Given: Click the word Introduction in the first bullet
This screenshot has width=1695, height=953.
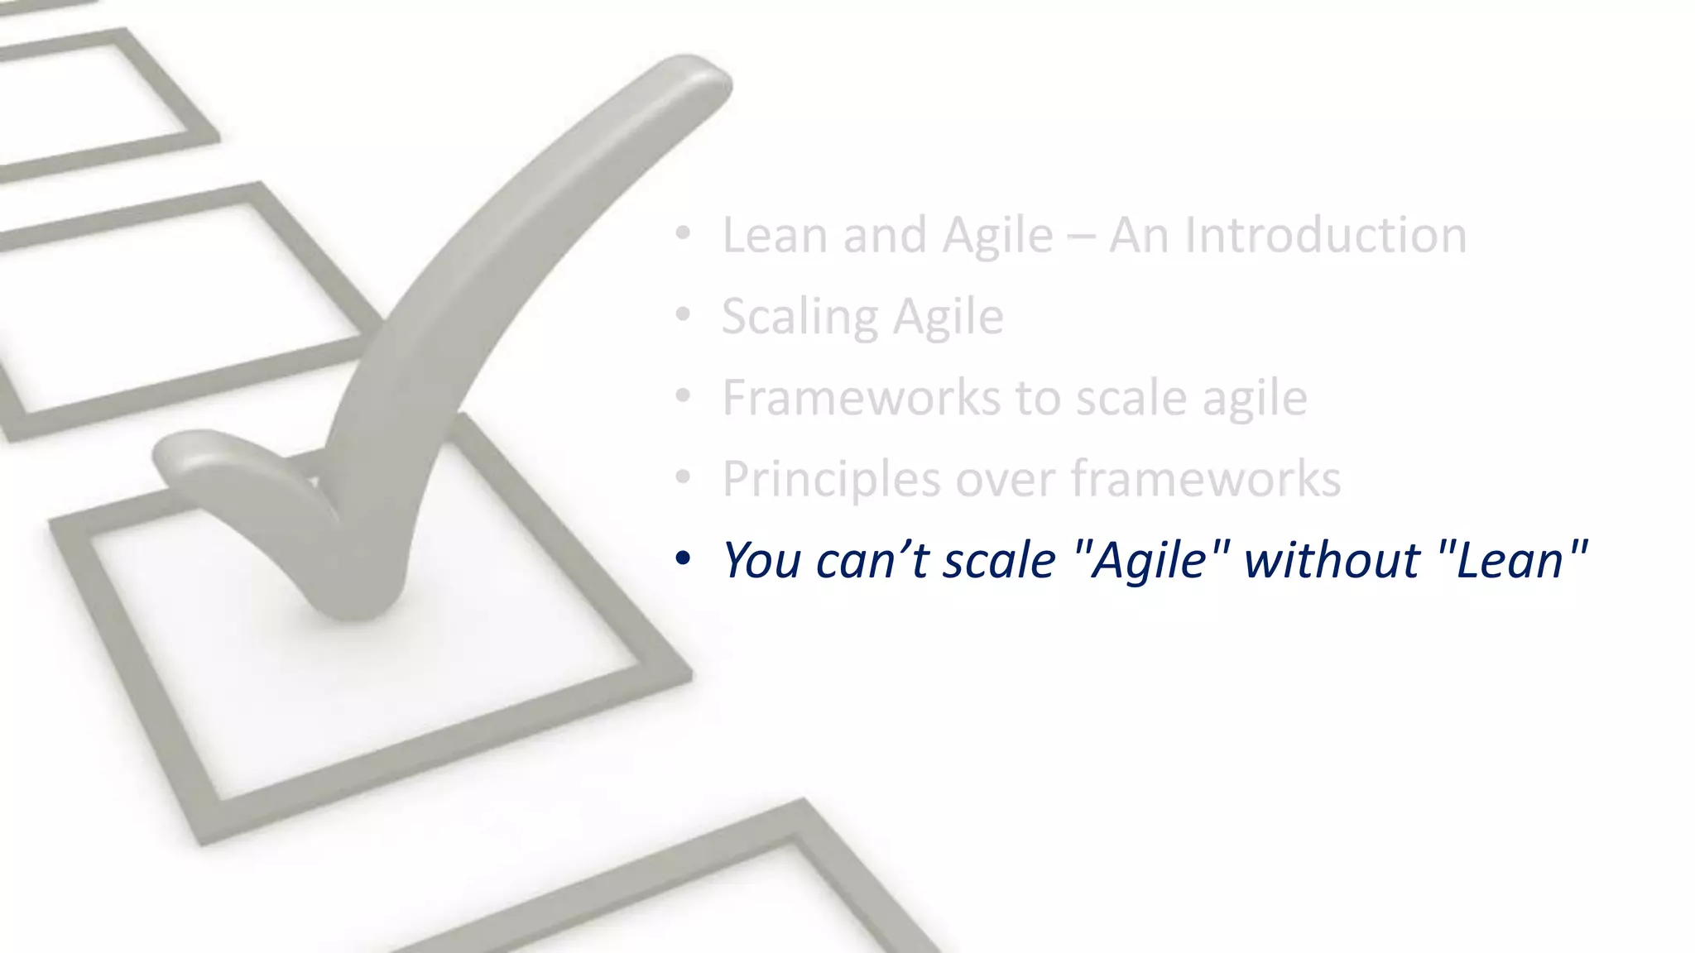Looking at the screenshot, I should [x=1326, y=235].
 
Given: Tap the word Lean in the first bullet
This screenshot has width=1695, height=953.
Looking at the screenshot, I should [x=775, y=235].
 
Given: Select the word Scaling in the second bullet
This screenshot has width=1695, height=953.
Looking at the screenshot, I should [x=798, y=317].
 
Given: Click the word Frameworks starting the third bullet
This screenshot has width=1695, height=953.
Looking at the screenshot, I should [x=861, y=397].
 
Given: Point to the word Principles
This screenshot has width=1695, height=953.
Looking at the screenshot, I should [x=831, y=479].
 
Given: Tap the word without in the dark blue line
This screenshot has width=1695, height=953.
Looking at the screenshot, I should [x=1332, y=559].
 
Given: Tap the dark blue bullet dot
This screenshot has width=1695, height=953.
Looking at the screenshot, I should [x=682, y=558].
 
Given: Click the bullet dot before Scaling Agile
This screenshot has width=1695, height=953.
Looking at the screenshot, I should [x=682, y=315].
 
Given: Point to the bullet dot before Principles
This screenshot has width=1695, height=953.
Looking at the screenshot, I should [x=682, y=477].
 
